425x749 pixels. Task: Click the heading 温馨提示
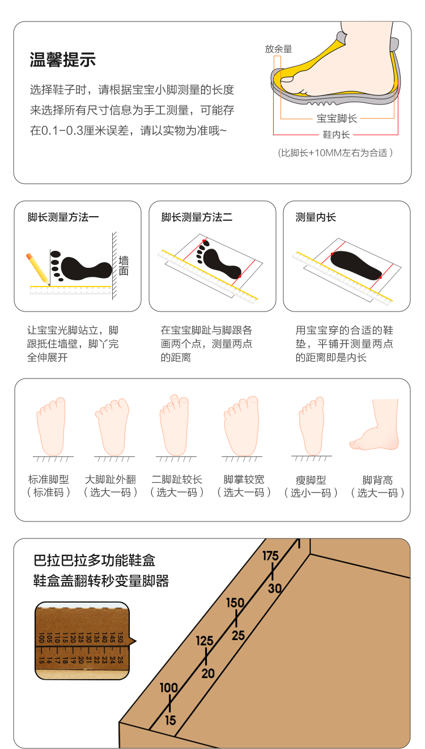62,60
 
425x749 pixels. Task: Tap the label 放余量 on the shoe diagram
278,49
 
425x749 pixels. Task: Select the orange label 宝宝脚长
336,119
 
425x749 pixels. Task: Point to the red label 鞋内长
336,134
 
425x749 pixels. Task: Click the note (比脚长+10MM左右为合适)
335,153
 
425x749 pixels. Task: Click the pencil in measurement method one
37,268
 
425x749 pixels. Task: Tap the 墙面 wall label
124,266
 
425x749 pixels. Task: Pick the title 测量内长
316,217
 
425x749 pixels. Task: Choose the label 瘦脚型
311,480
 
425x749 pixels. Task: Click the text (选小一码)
311,493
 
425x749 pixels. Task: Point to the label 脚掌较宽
244,480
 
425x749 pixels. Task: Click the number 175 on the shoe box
270,556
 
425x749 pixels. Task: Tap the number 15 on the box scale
171,721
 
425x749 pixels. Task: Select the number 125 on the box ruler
205,641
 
